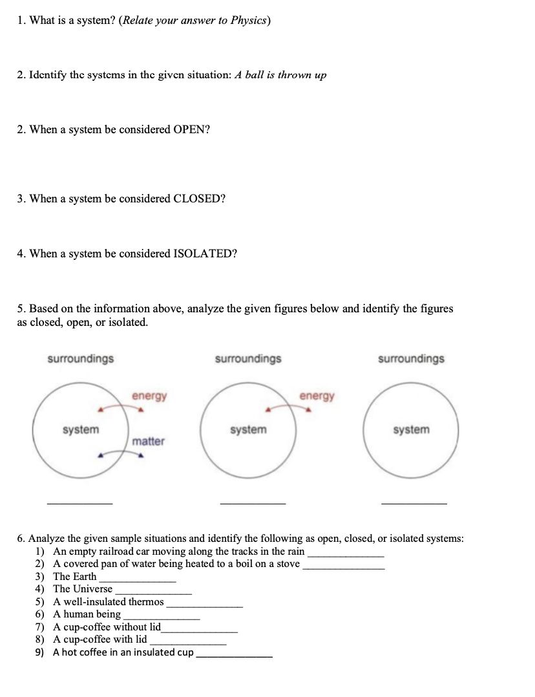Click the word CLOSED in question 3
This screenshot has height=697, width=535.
click(x=200, y=198)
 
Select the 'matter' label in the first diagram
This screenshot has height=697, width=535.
click(x=149, y=442)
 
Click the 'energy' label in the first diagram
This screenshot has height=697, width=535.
click(x=149, y=396)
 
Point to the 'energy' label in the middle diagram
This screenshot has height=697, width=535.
click(x=317, y=396)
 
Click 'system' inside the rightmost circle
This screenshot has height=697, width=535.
click(x=411, y=430)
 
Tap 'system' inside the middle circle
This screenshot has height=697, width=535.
click(x=248, y=430)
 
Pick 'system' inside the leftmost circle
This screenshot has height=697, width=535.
click(x=81, y=430)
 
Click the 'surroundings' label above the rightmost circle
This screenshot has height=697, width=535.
click(x=411, y=359)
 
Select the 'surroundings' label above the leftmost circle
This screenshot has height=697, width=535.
click(x=81, y=359)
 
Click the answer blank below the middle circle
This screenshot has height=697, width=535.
click(x=253, y=502)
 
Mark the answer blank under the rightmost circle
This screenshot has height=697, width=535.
click(x=414, y=502)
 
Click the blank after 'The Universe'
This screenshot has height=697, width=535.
click(x=153, y=592)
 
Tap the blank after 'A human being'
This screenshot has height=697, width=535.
click(x=161, y=617)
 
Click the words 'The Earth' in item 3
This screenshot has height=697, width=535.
click(x=74, y=577)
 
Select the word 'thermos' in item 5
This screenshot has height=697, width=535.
click(x=146, y=602)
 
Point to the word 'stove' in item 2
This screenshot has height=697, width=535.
click(x=286, y=564)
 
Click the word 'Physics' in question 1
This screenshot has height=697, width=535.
click(x=248, y=21)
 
